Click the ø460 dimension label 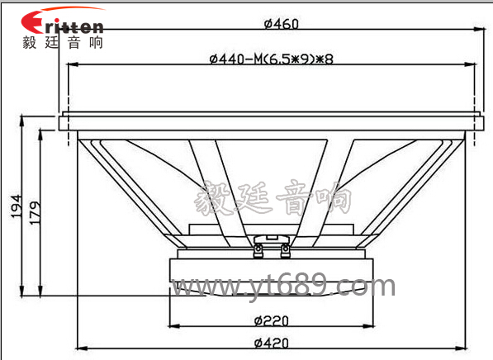[x=281, y=24]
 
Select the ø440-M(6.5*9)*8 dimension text [x=271, y=59]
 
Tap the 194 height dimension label [x=17, y=206]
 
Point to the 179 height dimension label [x=35, y=212]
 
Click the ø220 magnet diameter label [x=271, y=321]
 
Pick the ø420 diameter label [x=271, y=343]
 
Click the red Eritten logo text [x=62, y=22]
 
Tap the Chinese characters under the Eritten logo [x=63, y=42]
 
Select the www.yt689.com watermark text [x=283, y=286]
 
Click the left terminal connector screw [x=258, y=250]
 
